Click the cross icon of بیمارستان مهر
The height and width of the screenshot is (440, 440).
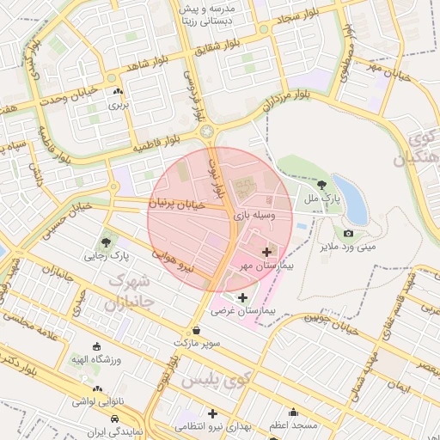(x=266, y=252)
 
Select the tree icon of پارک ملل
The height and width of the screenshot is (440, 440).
(x=321, y=184)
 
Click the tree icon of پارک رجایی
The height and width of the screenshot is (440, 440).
(x=106, y=242)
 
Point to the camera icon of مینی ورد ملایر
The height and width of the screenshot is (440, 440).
(x=348, y=233)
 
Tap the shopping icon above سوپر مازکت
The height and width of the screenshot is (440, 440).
(x=198, y=330)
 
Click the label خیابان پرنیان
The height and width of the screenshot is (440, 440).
(x=178, y=205)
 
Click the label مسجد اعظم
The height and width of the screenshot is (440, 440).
(x=293, y=425)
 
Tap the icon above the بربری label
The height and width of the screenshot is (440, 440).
(x=117, y=92)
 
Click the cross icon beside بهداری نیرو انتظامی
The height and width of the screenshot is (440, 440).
(x=212, y=413)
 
